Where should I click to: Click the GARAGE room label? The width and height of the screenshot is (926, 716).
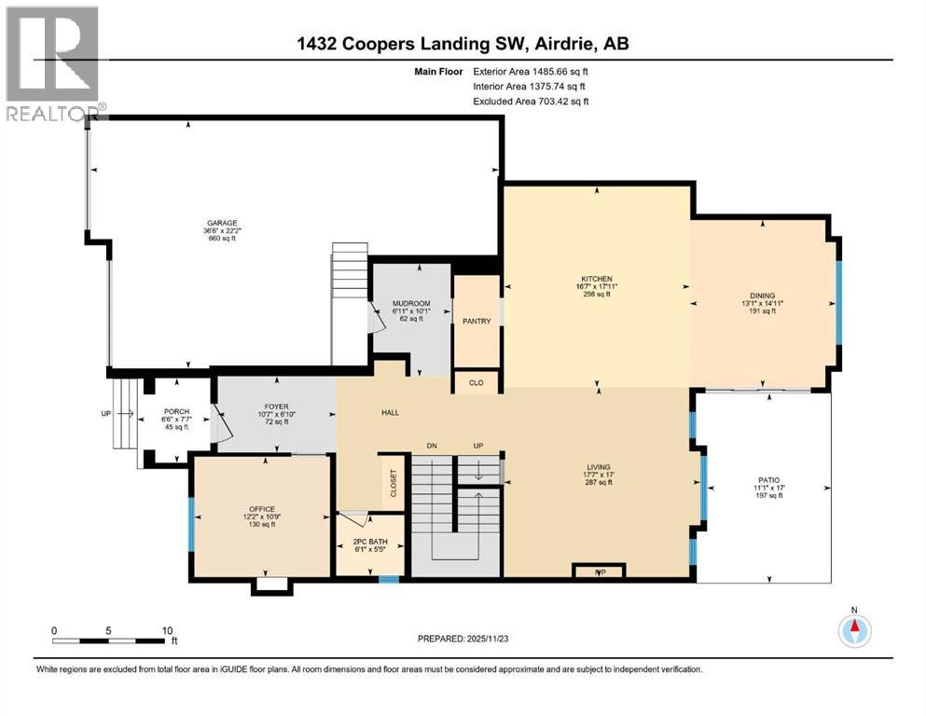(x=222, y=223)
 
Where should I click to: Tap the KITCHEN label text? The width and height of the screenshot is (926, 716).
(x=596, y=279)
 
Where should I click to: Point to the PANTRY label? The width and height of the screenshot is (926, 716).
(x=477, y=322)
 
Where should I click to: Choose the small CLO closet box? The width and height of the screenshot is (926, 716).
(x=477, y=381)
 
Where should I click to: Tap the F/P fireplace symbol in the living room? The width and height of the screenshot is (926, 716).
(x=598, y=571)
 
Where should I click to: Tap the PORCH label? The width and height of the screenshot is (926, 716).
(x=176, y=412)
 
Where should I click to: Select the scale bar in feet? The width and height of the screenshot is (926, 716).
(x=110, y=640)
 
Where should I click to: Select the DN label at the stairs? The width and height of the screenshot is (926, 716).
(x=431, y=446)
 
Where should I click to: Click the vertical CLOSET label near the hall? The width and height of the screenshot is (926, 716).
(x=393, y=482)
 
